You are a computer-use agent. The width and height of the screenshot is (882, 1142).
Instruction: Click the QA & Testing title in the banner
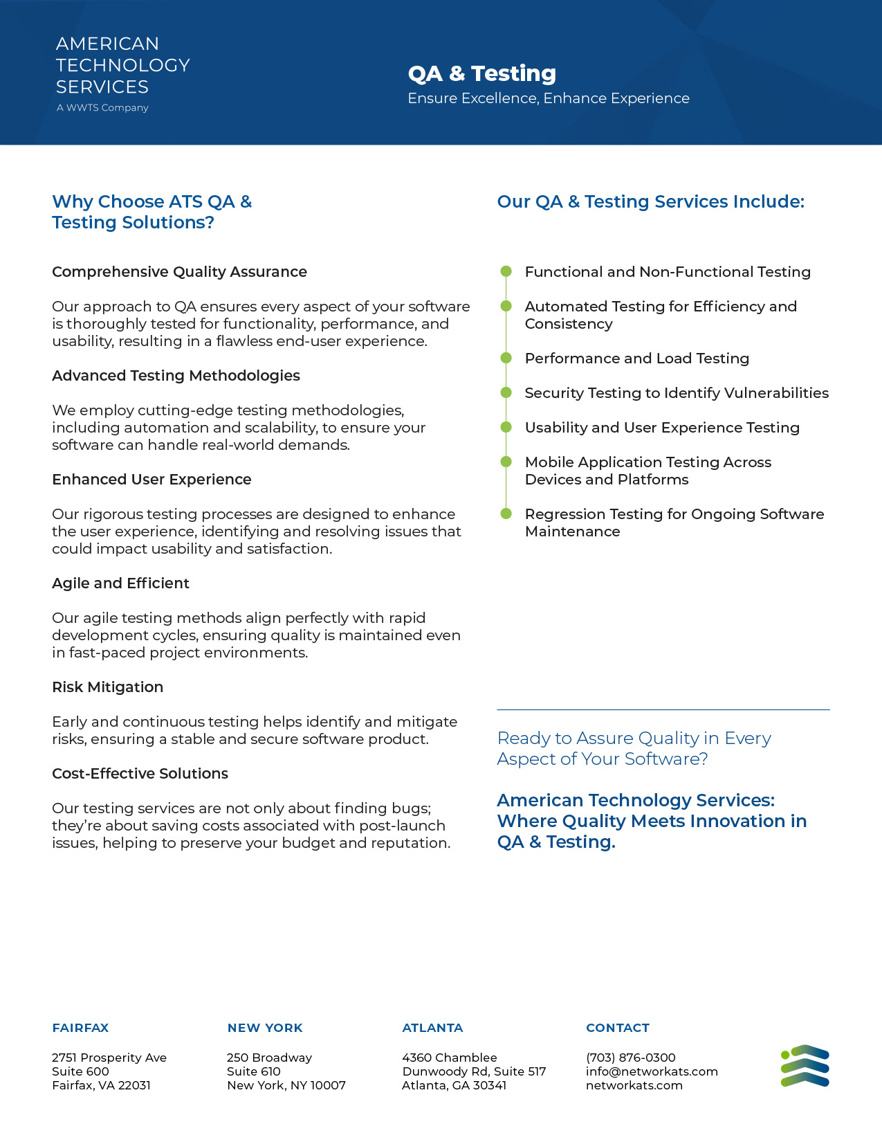[481, 73]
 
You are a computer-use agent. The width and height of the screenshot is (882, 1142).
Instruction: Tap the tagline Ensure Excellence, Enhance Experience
[548, 98]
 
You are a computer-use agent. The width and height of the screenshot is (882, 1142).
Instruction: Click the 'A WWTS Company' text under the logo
[102, 108]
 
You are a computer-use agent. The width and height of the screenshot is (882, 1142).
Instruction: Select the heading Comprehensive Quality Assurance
[179, 272]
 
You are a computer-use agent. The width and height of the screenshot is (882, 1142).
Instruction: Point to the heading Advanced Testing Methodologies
[176, 376]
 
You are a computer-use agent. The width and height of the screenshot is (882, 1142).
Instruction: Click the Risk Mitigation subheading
[107, 687]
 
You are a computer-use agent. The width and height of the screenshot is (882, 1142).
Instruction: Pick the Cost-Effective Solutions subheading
[140, 774]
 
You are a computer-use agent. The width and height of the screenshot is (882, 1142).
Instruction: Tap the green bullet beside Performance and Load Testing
[506, 358]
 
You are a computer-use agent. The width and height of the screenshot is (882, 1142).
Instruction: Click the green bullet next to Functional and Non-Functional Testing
[506, 271]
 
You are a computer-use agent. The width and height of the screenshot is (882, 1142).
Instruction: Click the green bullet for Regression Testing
[506, 514]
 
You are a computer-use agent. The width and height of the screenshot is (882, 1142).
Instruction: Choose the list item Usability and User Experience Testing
[662, 428]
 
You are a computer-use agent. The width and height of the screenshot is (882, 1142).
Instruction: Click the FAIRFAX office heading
[80, 1028]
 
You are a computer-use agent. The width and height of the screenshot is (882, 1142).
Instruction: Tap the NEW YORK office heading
[265, 1028]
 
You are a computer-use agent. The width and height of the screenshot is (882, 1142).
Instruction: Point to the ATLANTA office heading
[432, 1028]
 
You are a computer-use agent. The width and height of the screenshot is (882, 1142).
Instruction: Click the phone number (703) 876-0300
[630, 1058]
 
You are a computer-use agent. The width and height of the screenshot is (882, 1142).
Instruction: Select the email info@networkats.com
[652, 1071]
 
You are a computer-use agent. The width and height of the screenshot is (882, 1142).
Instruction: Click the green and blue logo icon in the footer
[805, 1066]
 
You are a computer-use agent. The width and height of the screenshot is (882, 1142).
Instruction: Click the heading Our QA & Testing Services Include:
[650, 202]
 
